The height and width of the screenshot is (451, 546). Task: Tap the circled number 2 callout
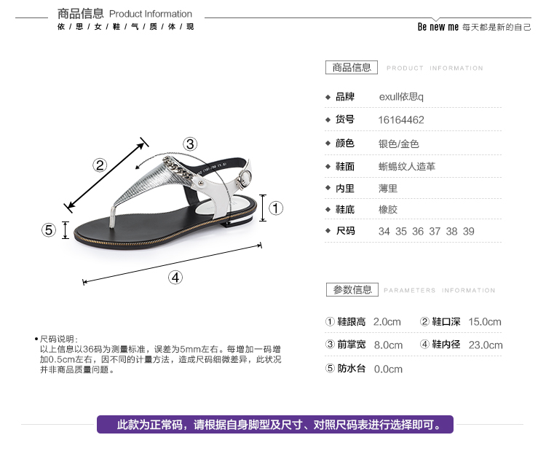coord(100,165)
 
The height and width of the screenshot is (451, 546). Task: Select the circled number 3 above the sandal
coord(190,144)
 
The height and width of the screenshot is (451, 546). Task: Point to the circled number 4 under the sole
coord(175,276)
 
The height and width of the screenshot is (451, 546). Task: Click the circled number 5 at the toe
coord(49,230)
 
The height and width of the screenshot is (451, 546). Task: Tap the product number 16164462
coord(401,120)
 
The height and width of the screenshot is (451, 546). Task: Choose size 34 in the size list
coord(384,231)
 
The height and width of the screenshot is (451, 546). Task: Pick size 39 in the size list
coord(469,231)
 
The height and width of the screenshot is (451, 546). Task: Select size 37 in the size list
coord(435,231)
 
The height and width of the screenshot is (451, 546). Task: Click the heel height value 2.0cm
coord(387,322)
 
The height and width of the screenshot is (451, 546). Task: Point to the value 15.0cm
coord(485,322)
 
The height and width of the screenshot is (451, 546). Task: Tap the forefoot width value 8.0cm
coord(388,345)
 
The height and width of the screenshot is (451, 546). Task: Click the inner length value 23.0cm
coord(486,345)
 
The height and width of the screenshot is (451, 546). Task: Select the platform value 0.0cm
coord(388,369)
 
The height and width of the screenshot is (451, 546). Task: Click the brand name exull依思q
coord(401,97)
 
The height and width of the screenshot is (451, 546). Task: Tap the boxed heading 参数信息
coord(352,289)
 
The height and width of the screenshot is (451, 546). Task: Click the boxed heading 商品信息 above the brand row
coord(352,68)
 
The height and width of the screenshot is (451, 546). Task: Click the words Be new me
coord(438,27)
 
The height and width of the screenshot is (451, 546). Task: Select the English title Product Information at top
coord(151,14)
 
